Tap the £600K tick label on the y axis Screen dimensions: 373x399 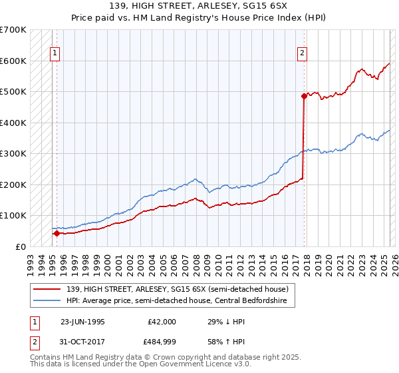pyautogui.click(x=13, y=61)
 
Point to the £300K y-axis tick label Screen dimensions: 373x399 pyautogui.click(x=13, y=154)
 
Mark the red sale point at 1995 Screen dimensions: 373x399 pyautogui.click(x=57, y=233)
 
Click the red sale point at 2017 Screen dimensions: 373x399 pyautogui.click(x=304, y=96)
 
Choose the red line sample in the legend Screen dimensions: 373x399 pyautogui.click(x=47, y=289)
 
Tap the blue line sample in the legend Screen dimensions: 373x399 pyautogui.click(x=47, y=300)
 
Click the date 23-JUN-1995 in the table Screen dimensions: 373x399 pyautogui.click(x=82, y=322)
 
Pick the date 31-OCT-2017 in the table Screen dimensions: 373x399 pyautogui.click(x=82, y=344)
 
